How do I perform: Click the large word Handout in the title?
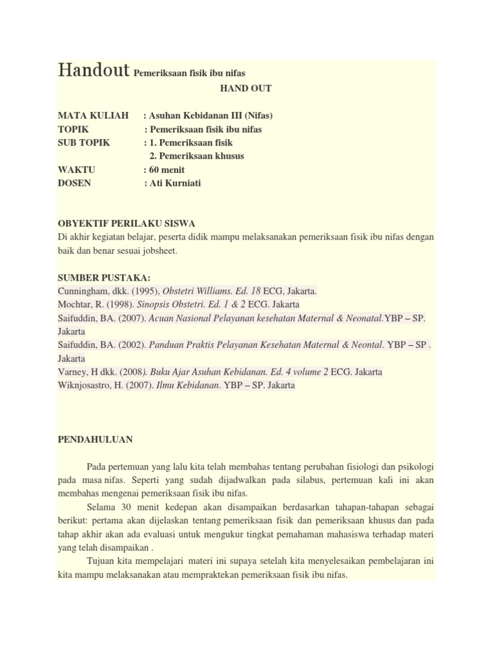point(94,70)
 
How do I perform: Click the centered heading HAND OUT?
point(245,88)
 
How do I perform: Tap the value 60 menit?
point(167,170)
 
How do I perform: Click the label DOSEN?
point(74,183)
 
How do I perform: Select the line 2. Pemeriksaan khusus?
point(196,156)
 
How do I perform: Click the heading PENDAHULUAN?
point(95,439)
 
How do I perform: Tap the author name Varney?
point(72,372)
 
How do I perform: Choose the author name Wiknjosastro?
point(86,385)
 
